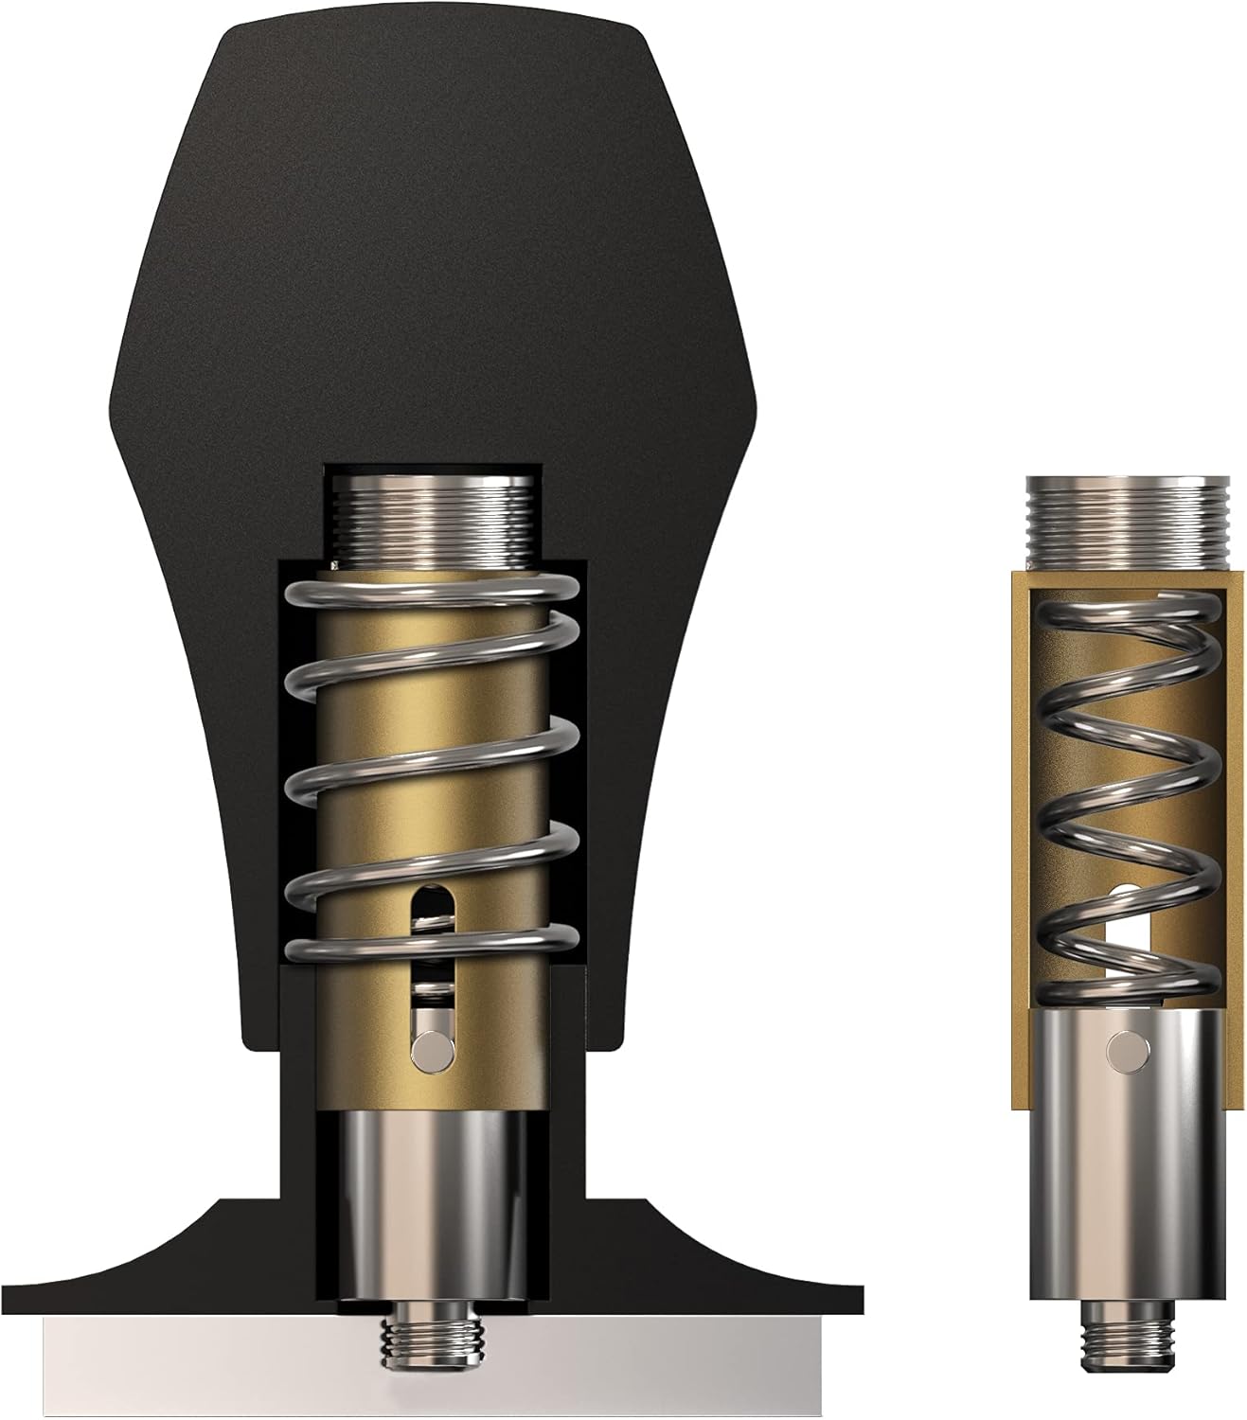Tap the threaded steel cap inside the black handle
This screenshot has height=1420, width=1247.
pyautogui.click(x=435, y=516)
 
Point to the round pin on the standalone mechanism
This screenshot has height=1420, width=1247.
pyautogui.click(x=1125, y=1048)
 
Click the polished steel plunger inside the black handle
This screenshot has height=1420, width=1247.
pyautogui.click(x=433, y=1202)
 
